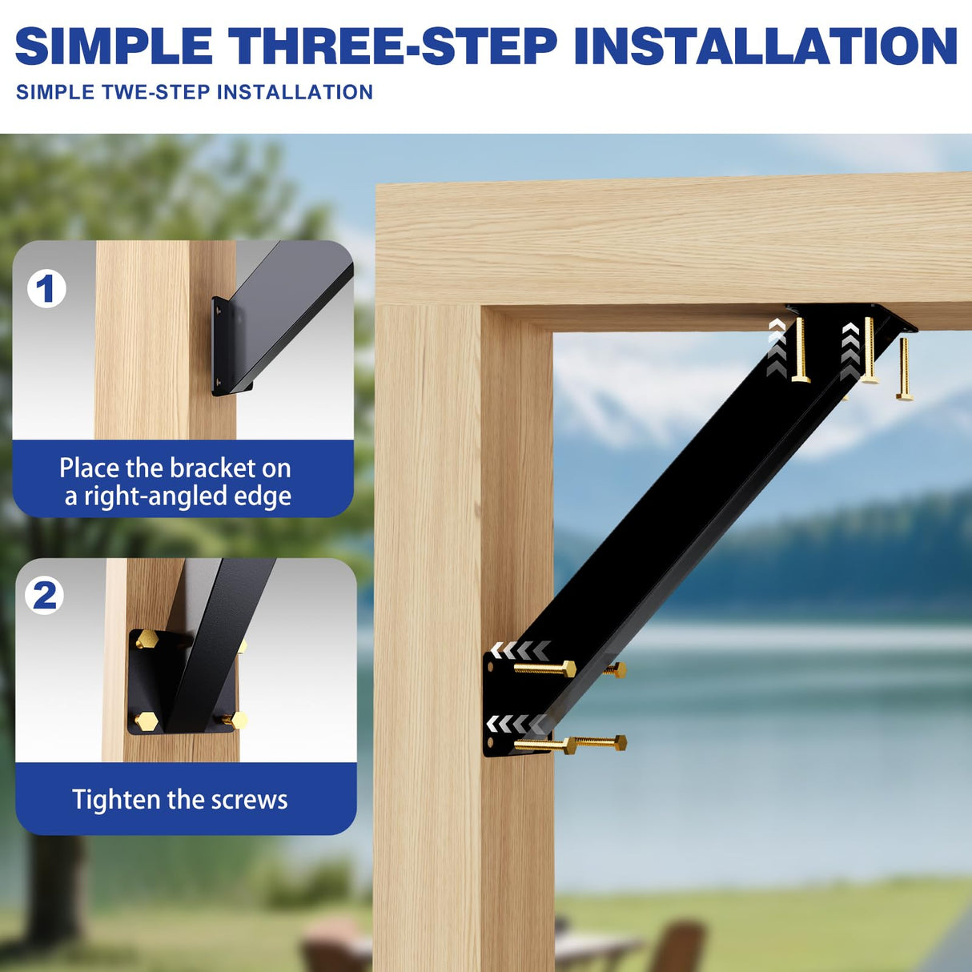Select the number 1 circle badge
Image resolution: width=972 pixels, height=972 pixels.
pos(46,288)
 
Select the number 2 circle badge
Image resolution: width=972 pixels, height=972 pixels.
pos(45,595)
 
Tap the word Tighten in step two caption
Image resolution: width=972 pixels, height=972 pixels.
pos(116,799)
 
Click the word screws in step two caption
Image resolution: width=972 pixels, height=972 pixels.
pos(249,799)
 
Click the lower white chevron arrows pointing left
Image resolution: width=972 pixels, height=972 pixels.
pos(517,725)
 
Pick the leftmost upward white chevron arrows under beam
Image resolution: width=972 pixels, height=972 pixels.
pos(776,346)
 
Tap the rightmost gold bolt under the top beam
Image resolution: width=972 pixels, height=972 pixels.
pos(904,368)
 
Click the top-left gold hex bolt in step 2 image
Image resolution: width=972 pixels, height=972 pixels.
pos(147,640)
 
